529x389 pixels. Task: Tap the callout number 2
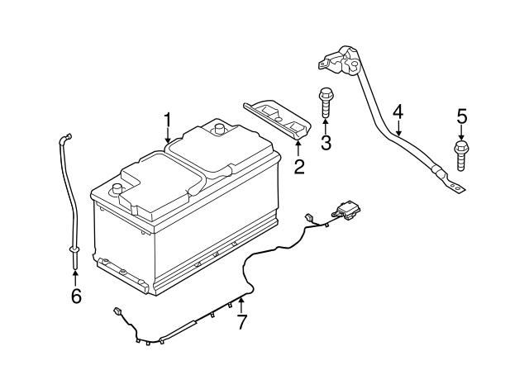(x=299, y=167)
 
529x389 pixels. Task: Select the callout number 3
(x=326, y=142)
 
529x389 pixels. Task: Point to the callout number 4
(x=398, y=111)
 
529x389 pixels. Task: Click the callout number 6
(x=76, y=296)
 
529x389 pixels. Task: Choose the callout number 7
(x=241, y=322)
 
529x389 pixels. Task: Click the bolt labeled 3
(x=326, y=102)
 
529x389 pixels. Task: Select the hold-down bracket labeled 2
(x=278, y=118)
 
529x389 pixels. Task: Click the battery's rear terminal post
(x=220, y=129)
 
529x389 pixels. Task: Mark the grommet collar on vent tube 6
(x=74, y=249)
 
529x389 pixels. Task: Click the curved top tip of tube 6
(x=65, y=137)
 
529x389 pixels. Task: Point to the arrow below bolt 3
(x=326, y=126)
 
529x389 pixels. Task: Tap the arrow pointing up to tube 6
(x=75, y=278)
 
